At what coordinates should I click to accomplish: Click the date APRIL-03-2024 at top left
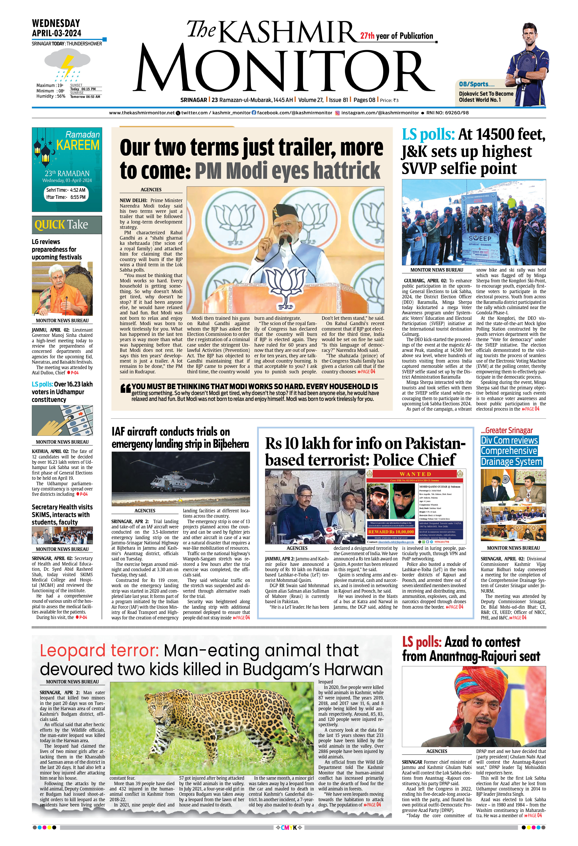coord(56,33)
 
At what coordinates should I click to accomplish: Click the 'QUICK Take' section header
coord(61,225)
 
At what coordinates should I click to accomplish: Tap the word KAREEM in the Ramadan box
coord(78,145)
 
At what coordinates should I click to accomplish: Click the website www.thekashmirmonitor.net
coord(142,113)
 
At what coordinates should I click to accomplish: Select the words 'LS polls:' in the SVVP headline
coord(428,135)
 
